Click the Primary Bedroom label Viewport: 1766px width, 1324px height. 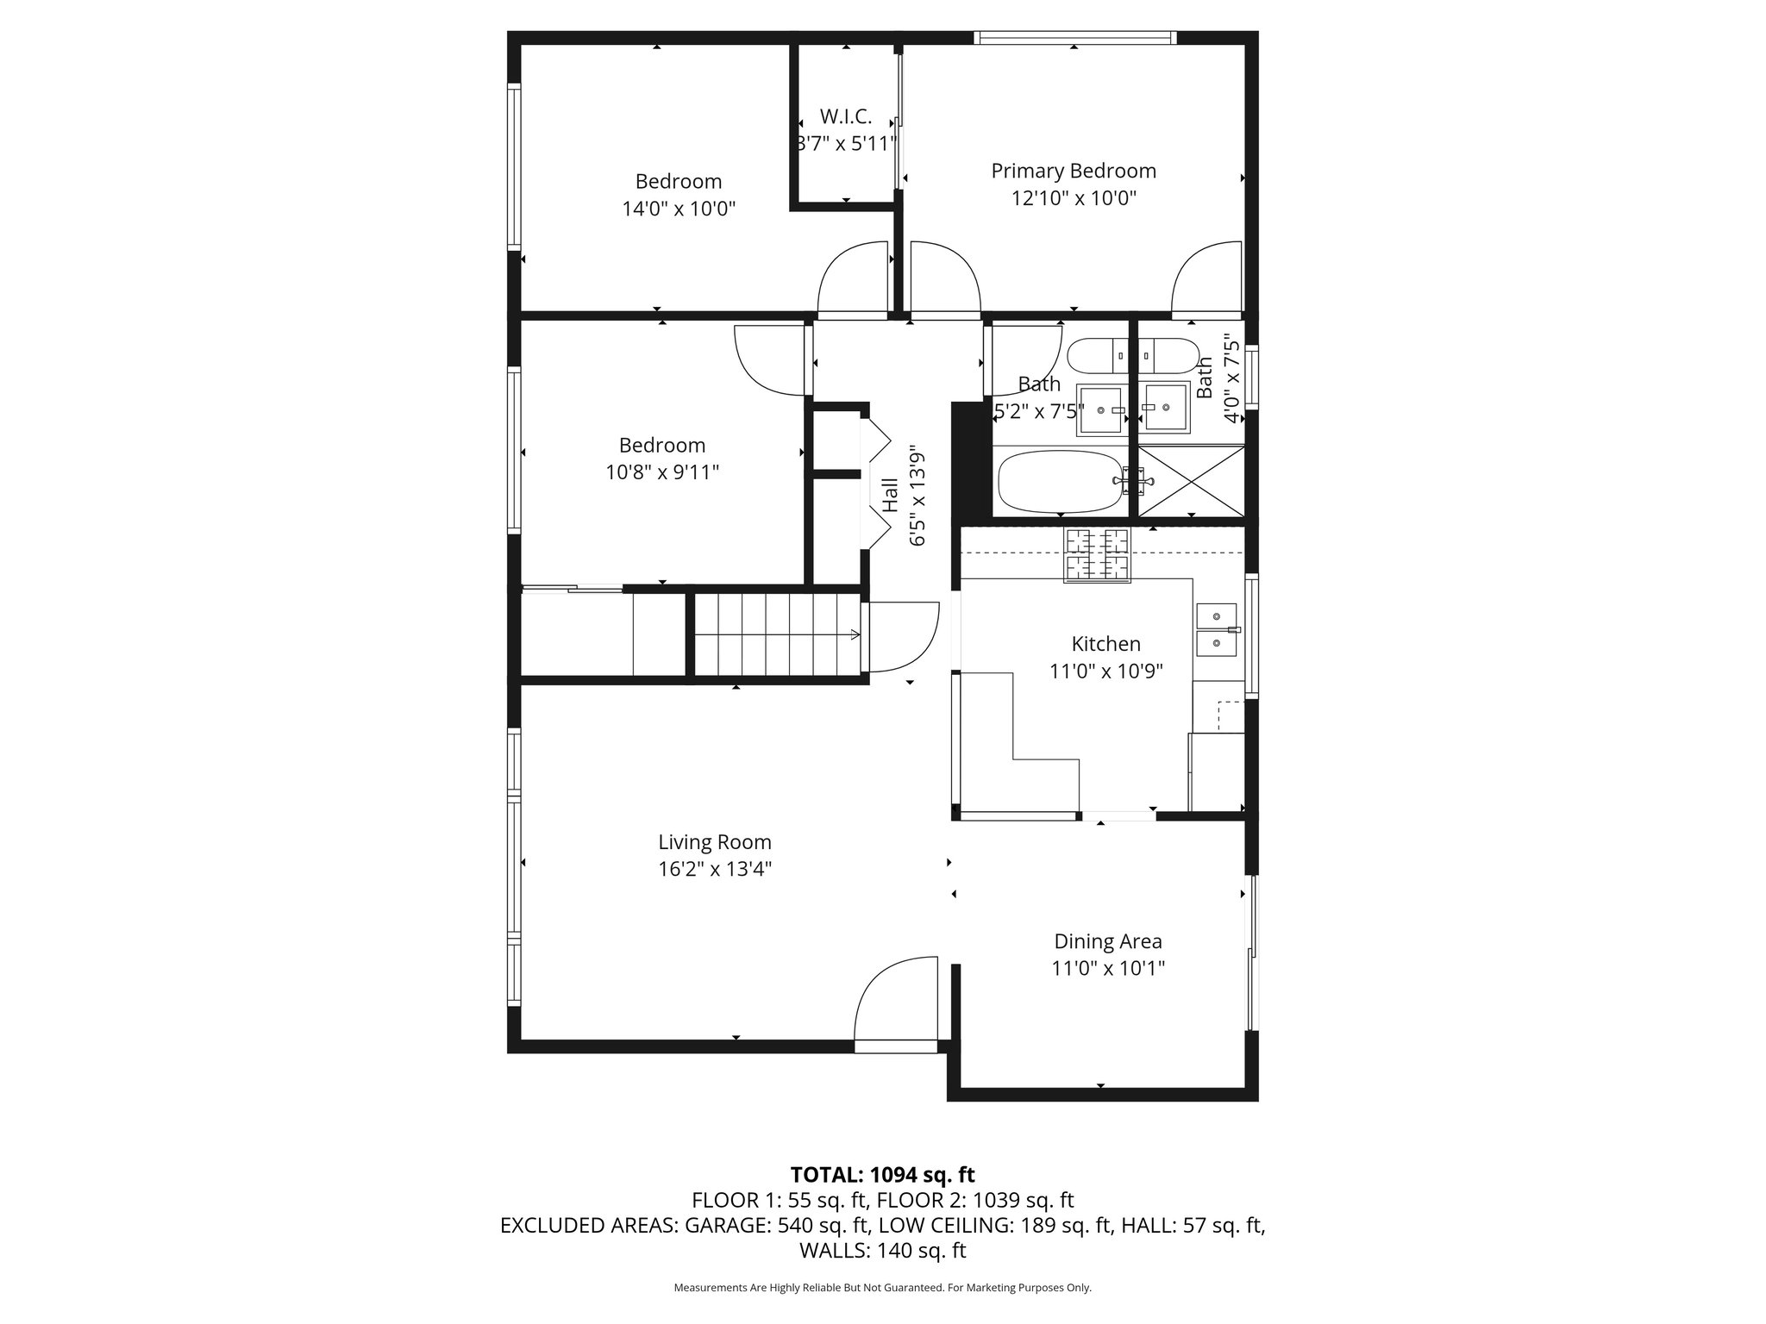(x=1073, y=171)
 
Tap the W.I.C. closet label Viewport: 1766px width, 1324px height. (x=845, y=116)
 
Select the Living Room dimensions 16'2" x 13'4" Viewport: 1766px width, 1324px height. (x=714, y=869)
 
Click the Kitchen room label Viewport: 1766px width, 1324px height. (x=1105, y=644)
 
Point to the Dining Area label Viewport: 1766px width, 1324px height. (x=1107, y=941)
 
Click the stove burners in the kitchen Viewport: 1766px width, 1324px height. (x=1097, y=553)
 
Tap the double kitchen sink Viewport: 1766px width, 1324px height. (x=1217, y=630)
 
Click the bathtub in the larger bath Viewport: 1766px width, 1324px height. (x=1060, y=483)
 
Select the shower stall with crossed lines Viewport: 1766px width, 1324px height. (x=1192, y=481)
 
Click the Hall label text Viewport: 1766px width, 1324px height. (x=890, y=496)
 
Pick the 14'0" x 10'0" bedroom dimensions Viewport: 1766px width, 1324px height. (x=679, y=209)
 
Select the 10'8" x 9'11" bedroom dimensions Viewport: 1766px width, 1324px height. (x=662, y=472)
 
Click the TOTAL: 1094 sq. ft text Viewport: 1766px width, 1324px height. (x=882, y=1174)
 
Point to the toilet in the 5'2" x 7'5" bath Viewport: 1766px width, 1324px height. (x=1096, y=355)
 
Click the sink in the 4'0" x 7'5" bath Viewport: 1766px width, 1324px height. (x=1165, y=409)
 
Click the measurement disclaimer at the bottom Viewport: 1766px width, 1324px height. (x=882, y=1288)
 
